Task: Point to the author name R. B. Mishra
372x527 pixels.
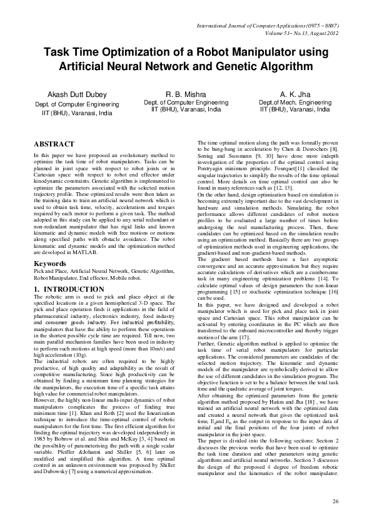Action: click(186, 94)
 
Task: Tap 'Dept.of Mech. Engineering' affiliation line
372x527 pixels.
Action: click(299, 103)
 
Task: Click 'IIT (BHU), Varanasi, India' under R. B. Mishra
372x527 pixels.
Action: click(186, 109)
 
